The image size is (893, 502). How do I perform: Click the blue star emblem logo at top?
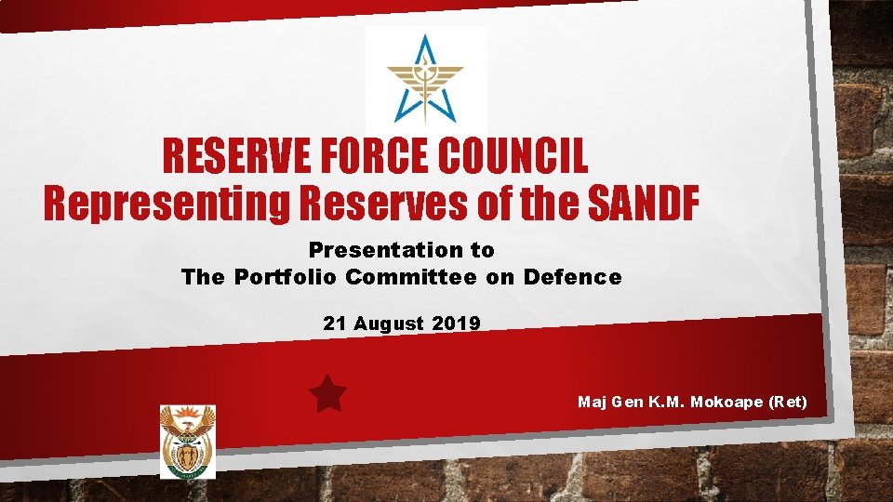click(425, 79)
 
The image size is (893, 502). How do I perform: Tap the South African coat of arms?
click(187, 442)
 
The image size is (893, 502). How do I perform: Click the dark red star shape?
click(327, 394)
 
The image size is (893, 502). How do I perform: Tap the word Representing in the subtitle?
click(167, 205)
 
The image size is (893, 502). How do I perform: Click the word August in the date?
click(387, 324)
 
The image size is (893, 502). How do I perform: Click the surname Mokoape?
click(728, 402)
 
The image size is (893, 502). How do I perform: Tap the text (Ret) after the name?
click(789, 402)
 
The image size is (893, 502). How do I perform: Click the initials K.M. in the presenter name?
click(668, 402)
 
